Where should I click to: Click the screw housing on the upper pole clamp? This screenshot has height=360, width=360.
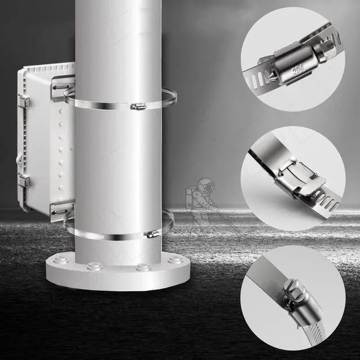pyautogui.click(x=138, y=106)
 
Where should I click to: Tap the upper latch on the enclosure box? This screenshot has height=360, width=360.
pyautogui.click(x=23, y=102)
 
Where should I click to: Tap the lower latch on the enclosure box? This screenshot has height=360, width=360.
pyautogui.click(x=23, y=181)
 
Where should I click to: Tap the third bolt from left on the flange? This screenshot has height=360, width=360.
pyautogui.click(x=143, y=267)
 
